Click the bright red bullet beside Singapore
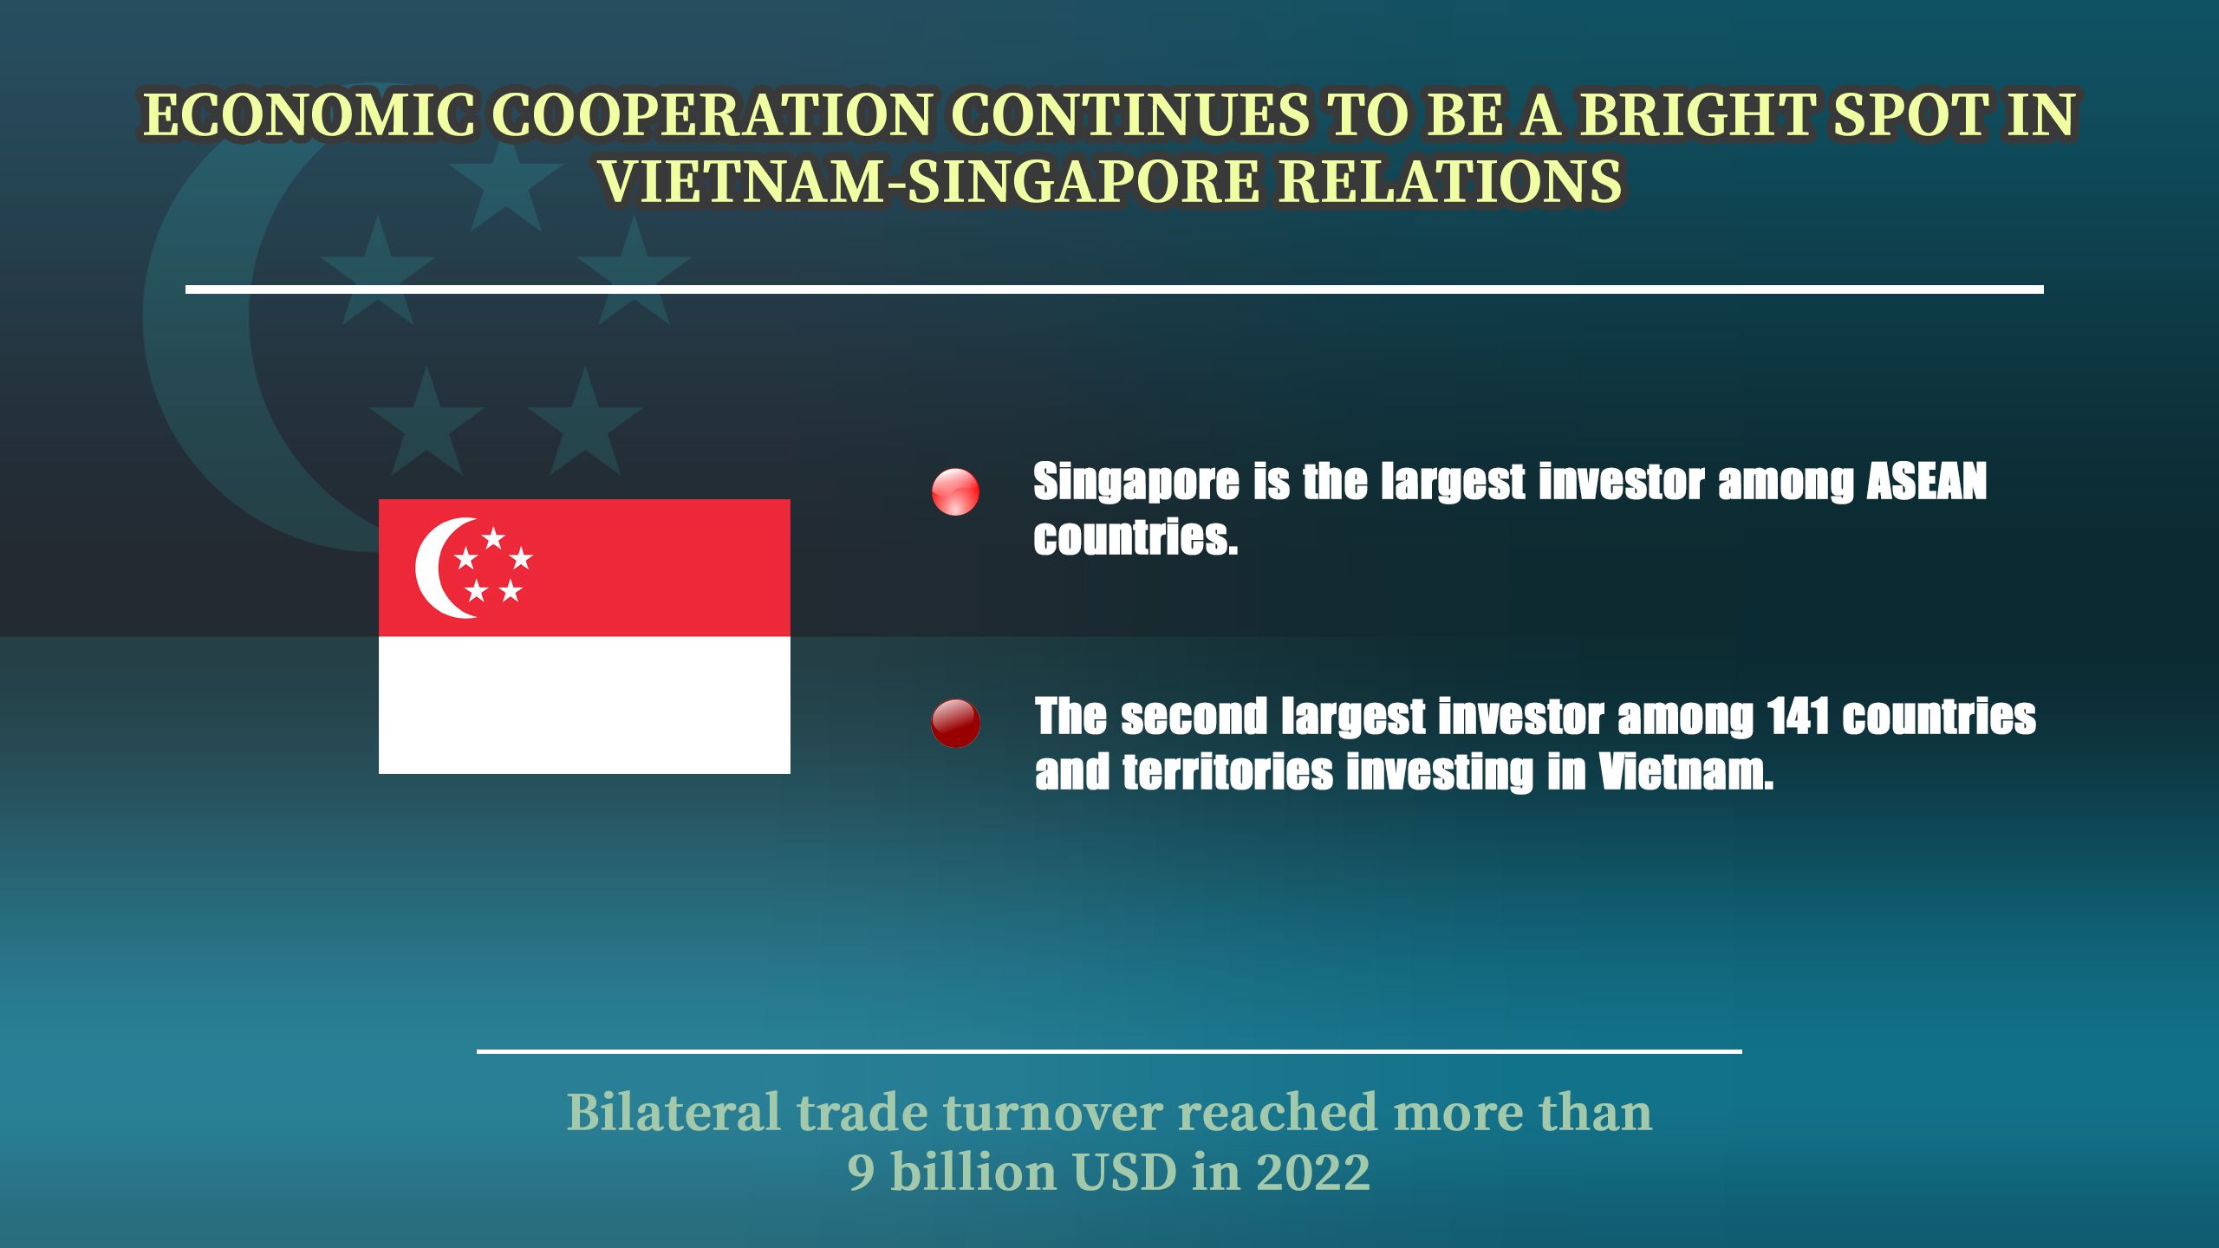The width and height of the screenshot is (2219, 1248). point(955,492)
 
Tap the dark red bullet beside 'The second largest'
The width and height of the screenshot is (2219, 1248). point(955,723)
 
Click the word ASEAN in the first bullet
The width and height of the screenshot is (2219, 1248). point(1926,481)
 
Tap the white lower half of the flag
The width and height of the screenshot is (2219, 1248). point(584,705)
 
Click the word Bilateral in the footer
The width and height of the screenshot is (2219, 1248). point(674,1112)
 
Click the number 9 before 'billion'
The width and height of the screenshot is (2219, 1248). point(861,1173)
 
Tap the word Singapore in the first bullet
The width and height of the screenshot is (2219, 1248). point(1136,483)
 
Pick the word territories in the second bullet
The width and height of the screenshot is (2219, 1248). point(1227,772)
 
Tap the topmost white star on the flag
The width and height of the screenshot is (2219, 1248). point(493,538)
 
